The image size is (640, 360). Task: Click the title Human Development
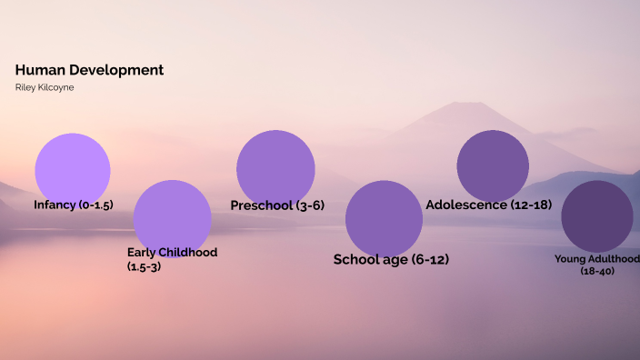click(89, 70)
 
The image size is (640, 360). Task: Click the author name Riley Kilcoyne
click(45, 87)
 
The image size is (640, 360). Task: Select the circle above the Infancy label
click(73, 169)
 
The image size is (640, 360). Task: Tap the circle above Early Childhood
click(172, 218)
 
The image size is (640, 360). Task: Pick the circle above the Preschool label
click(275, 168)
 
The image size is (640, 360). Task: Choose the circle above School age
click(384, 218)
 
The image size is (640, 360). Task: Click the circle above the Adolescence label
click(493, 166)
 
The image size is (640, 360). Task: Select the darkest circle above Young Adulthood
click(597, 216)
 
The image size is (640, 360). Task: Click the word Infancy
click(55, 205)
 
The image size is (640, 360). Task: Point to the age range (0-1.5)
click(95, 205)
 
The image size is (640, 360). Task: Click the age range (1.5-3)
click(144, 266)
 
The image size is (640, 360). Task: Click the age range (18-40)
click(597, 271)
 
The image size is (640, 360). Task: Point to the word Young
click(572, 259)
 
